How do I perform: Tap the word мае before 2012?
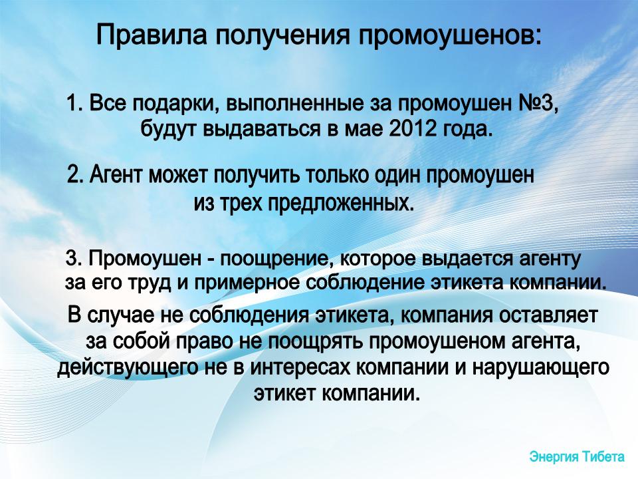(x=364, y=130)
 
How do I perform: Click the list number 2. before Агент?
(x=75, y=176)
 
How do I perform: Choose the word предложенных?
(x=340, y=203)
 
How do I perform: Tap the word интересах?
(x=300, y=368)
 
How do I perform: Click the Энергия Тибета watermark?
(x=577, y=456)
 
